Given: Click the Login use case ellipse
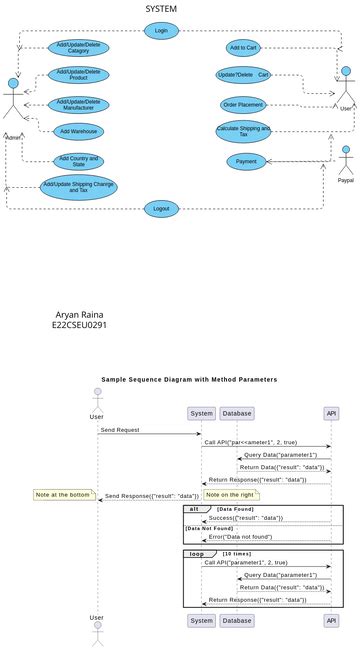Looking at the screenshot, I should click(161, 31).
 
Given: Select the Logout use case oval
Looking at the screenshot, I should click(161, 209).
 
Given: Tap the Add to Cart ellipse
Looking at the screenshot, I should click(243, 48).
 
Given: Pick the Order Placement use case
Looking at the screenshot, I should click(243, 104).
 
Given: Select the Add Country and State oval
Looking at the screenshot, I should click(79, 161).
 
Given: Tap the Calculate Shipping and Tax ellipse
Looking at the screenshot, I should click(243, 131).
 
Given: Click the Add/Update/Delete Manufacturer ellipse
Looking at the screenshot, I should click(78, 104).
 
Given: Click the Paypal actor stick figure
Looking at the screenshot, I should click(346, 162).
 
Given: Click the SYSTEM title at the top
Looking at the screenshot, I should click(161, 9).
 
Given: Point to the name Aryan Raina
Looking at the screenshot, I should click(79, 314).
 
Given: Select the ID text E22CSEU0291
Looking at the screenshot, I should click(79, 326).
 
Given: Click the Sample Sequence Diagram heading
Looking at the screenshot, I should click(189, 380).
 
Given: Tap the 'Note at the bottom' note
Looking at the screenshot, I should click(62, 495).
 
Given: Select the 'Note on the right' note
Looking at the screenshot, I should click(231, 495).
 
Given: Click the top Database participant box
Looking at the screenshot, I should click(237, 413).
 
